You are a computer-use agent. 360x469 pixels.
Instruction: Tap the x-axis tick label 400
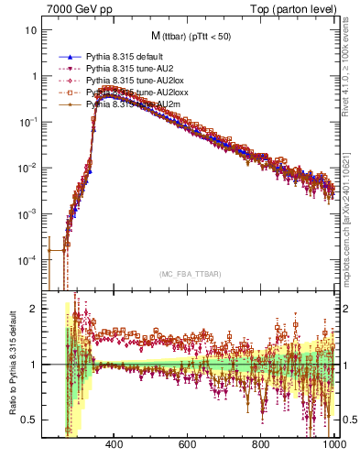pos(115,446)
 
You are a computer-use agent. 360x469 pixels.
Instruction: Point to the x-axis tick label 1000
pos(333,446)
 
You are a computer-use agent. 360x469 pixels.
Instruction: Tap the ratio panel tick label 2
pos(35,309)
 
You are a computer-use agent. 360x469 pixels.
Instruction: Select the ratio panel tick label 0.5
pos(30,420)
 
